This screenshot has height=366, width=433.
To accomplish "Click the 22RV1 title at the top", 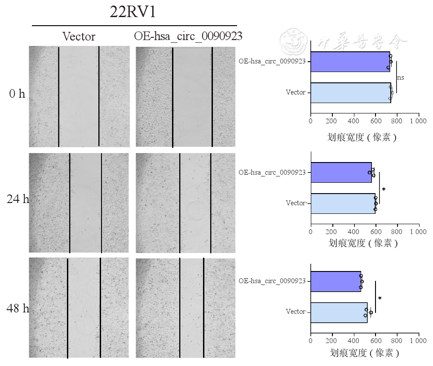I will (x=133, y=12).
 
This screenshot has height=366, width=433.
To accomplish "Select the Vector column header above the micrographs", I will (x=79, y=36).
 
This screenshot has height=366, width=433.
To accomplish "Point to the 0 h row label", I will (x=17, y=94).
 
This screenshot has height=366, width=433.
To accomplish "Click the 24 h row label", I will (x=18, y=199).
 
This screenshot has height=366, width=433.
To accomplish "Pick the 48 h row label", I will (x=18, y=309).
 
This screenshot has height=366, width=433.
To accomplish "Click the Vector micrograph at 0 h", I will (x=79, y=96).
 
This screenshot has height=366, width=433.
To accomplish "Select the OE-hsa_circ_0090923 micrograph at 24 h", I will (x=186, y=203).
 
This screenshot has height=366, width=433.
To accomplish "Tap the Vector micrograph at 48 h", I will (x=79, y=308).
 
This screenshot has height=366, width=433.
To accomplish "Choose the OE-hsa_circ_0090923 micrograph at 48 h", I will (x=186, y=308).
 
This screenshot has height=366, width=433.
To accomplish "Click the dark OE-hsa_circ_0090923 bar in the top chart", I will (x=349, y=62).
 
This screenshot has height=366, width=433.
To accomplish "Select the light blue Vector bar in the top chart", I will (x=350, y=93).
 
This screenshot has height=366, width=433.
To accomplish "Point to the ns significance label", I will (x=400, y=77).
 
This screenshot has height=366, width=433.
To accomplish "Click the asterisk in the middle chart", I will (x=384, y=190).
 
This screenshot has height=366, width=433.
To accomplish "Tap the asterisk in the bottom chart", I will (x=380, y=298).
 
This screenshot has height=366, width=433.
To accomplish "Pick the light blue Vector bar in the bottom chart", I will (x=339, y=312).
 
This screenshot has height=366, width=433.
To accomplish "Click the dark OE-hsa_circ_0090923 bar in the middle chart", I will (x=341, y=172).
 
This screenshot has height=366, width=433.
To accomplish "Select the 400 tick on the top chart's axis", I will (x=353, y=121).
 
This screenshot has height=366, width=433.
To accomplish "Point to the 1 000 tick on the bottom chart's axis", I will (x=418, y=342).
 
